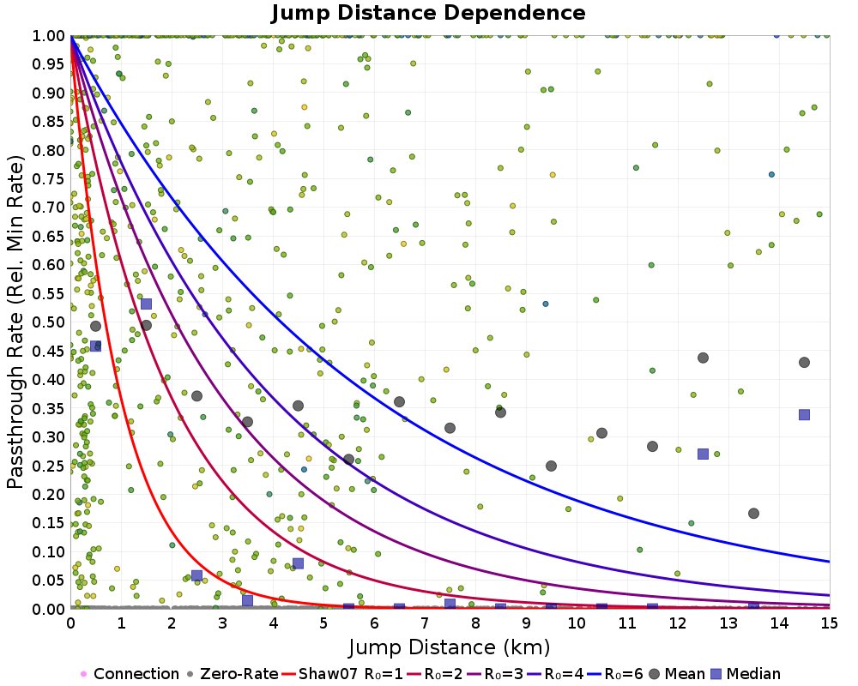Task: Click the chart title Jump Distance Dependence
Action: [428, 13]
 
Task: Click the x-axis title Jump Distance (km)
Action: [450, 645]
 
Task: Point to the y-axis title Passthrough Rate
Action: [15, 322]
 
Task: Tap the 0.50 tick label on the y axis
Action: [49, 322]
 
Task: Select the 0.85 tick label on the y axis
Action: [49, 121]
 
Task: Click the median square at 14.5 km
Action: [804, 414]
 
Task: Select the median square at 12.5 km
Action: [703, 454]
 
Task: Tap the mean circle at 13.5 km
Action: [753, 514]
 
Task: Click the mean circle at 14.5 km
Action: [804, 362]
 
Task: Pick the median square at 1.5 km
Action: [146, 304]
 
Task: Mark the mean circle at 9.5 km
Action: [551, 466]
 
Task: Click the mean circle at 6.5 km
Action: [399, 401]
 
